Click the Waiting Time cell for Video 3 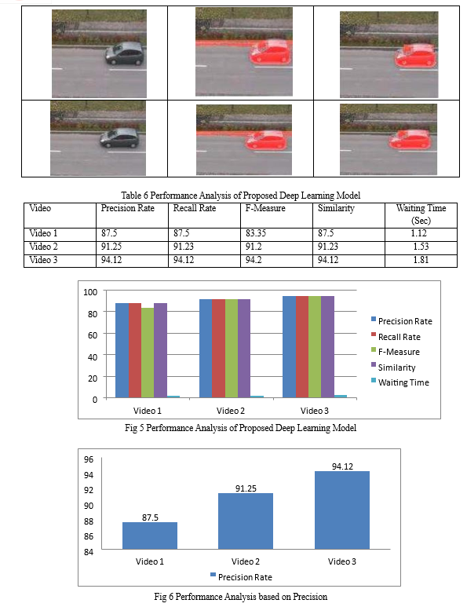click(x=421, y=260)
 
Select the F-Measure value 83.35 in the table click(x=256, y=233)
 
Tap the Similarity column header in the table click(x=336, y=208)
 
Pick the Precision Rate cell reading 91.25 click(x=111, y=247)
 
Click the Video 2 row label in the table click(x=43, y=247)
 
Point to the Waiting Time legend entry click(x=400, y=382)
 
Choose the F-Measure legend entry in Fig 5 click(x=396, y=352)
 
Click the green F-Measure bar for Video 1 click(x=148, y=353)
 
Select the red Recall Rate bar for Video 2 click(x=218, y=349)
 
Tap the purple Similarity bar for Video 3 click(x=327, y=347)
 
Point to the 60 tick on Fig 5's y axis click(x=93, y=335)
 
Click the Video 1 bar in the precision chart click(x=150, y=536)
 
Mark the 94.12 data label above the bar click(x=342, y=466)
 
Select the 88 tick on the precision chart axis click(x=89, y=521)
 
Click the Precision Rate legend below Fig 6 click(x=241, y=577)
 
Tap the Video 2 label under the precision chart click(x=246, y=561)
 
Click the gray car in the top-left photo click(x=124, y=53)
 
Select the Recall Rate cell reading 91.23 click(x=184, y=247)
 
